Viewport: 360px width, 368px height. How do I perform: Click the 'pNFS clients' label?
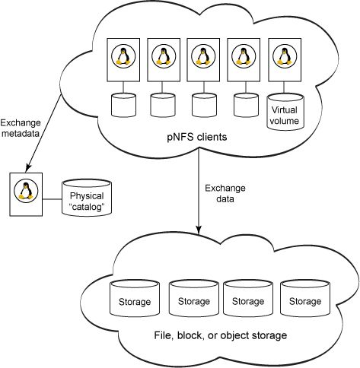click(197, 137)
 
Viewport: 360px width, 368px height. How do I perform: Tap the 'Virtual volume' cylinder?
click(285, 112)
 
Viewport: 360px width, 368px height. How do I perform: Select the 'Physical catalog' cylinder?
click(87, 198)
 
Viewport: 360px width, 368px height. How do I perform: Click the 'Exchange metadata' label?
click(21, 128)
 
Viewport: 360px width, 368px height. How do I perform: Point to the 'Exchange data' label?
click(225, 193)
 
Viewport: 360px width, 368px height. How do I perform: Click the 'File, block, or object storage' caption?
click(221, 335)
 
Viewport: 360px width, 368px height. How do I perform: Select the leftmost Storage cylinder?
click(135, 298)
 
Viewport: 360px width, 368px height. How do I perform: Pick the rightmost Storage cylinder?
click(305, 298)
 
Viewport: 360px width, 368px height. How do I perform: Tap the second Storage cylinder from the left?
click(194, 298)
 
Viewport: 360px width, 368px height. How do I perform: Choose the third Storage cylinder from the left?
click(248, 298)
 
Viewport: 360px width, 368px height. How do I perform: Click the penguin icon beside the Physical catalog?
click(26, 191)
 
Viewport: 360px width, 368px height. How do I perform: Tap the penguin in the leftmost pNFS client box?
click(123, 56)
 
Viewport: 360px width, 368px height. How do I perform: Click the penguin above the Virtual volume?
click(285, 56)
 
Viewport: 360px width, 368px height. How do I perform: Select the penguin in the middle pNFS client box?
click(203, 56)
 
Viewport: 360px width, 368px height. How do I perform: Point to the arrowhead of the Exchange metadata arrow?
click(27, 168)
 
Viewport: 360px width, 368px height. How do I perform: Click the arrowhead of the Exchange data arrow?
click(199, 230)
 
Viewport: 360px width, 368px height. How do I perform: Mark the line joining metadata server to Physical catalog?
click(53, 199)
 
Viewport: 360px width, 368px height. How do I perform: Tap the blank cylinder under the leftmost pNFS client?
click(123, 105)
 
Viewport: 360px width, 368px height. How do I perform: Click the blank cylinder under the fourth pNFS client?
click(246, 105)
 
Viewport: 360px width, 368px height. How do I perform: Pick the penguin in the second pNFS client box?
click(164, 56)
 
